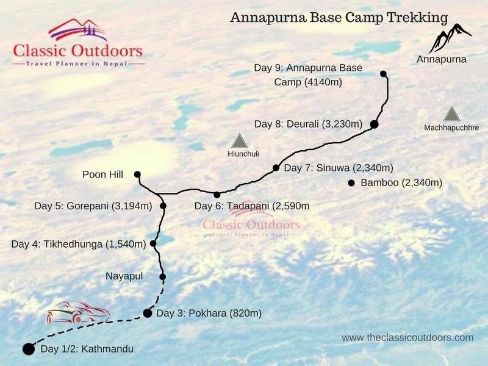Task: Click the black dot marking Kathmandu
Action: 28,349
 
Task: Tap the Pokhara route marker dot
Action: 147,314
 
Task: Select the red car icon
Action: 78,313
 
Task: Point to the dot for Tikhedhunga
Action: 153,243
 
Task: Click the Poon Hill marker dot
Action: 137,174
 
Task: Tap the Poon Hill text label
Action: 102,174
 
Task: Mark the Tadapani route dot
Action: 217,195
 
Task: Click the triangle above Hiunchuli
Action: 239,141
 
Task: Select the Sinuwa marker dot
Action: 276,168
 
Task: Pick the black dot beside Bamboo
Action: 351,182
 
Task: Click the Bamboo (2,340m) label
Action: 401,182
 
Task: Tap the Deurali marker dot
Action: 375,124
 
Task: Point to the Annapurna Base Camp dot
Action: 383,74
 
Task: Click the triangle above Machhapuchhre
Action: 451,114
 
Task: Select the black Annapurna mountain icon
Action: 450,38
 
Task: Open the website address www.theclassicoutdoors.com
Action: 407,337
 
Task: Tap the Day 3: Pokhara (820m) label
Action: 209,314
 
